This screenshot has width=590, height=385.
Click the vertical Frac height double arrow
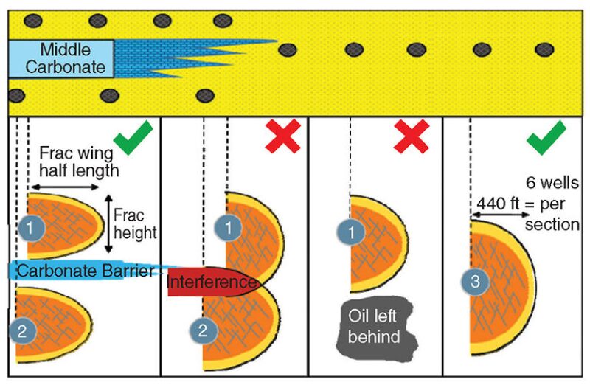(x=108, y=223)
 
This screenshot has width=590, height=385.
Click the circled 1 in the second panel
(x=227, y=229)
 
